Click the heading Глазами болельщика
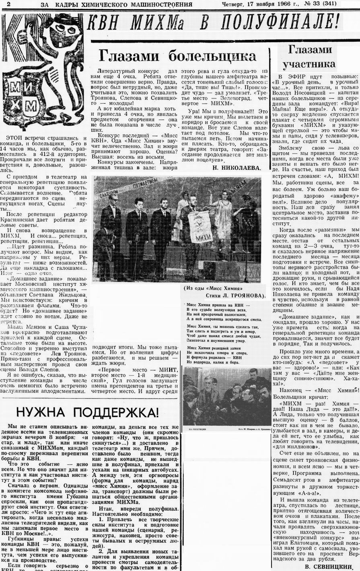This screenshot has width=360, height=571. coord(177,56)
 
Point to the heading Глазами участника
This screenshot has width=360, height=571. coord(309,57)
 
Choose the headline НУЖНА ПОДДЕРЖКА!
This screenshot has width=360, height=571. coord(87,412)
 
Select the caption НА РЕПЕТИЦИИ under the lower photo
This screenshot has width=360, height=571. coord(197,429)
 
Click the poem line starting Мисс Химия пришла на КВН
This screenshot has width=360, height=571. coord(218,305)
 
